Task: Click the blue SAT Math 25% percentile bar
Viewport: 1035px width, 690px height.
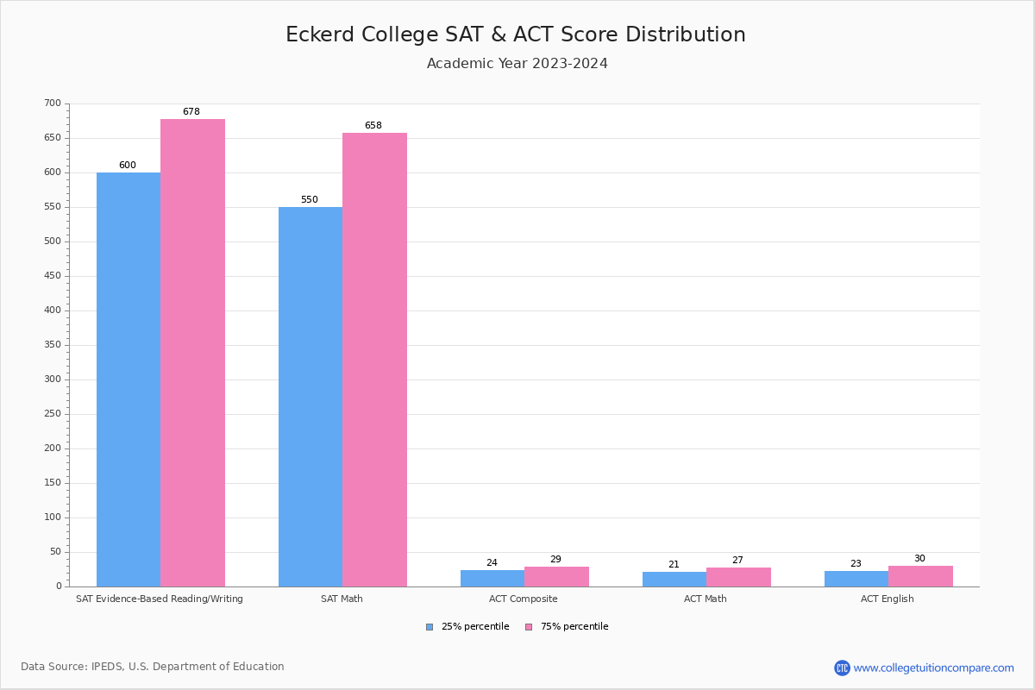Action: pos(310,397)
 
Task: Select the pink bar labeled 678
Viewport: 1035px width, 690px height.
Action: pos(192,353)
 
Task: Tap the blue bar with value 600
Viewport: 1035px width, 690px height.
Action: pos(129,379)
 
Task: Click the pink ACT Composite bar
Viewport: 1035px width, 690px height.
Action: pos(556,577)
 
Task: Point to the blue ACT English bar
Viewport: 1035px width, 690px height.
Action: pos(856,579)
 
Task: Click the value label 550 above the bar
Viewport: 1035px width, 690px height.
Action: pos(309,200)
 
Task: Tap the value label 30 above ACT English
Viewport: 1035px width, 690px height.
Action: pos(919,559)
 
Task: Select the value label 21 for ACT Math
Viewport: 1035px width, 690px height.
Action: pos(674,565)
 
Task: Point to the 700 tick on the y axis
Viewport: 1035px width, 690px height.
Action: pos(53,103)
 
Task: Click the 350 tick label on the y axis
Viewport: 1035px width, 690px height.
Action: pos(53,345)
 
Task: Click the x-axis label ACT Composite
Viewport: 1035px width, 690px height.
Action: pos(523,599)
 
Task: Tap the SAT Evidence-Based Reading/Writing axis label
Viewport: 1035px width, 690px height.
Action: pos(160,599)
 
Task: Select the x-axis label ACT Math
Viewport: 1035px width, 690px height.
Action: pos(705,599)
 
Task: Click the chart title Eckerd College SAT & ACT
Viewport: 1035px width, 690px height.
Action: pos(516,34)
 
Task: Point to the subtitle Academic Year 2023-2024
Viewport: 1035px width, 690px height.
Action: pos(517,64)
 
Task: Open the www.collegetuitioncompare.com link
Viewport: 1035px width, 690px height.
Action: pos(933,668)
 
